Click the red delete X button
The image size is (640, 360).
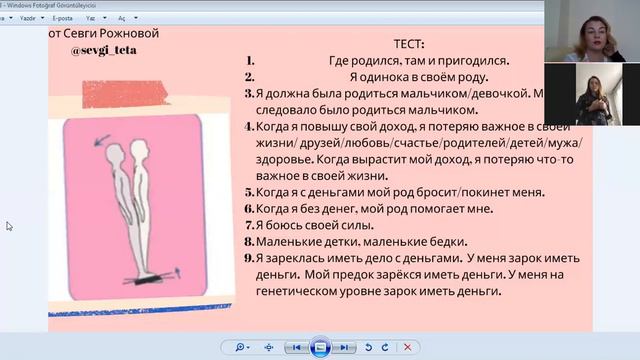(406, 347)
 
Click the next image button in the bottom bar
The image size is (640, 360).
(343, 347)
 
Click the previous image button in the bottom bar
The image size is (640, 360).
(296, 347)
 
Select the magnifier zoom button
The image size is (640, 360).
(240, 347)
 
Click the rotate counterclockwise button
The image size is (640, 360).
(369, 347)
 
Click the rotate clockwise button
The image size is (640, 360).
(385, 347)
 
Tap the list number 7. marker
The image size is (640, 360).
(248, 225)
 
